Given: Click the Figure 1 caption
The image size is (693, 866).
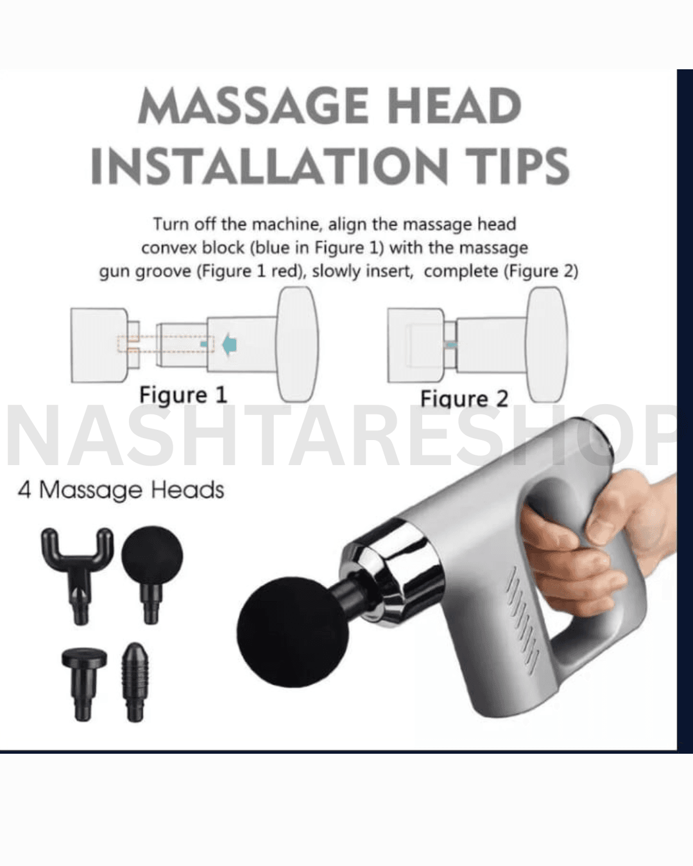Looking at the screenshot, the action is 184,395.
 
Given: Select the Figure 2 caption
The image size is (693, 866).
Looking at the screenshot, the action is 464,399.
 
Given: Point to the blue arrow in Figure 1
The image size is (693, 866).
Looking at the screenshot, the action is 229,345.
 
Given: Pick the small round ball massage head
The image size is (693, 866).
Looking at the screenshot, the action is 152,573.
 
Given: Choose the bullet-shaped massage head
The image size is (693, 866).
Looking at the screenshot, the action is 135,682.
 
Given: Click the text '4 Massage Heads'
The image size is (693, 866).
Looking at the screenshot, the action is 121,490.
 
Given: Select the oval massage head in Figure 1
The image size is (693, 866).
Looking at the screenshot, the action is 298,344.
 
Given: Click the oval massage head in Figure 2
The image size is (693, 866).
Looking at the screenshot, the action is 547,344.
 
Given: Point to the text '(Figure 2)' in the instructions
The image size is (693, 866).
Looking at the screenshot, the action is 541,271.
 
